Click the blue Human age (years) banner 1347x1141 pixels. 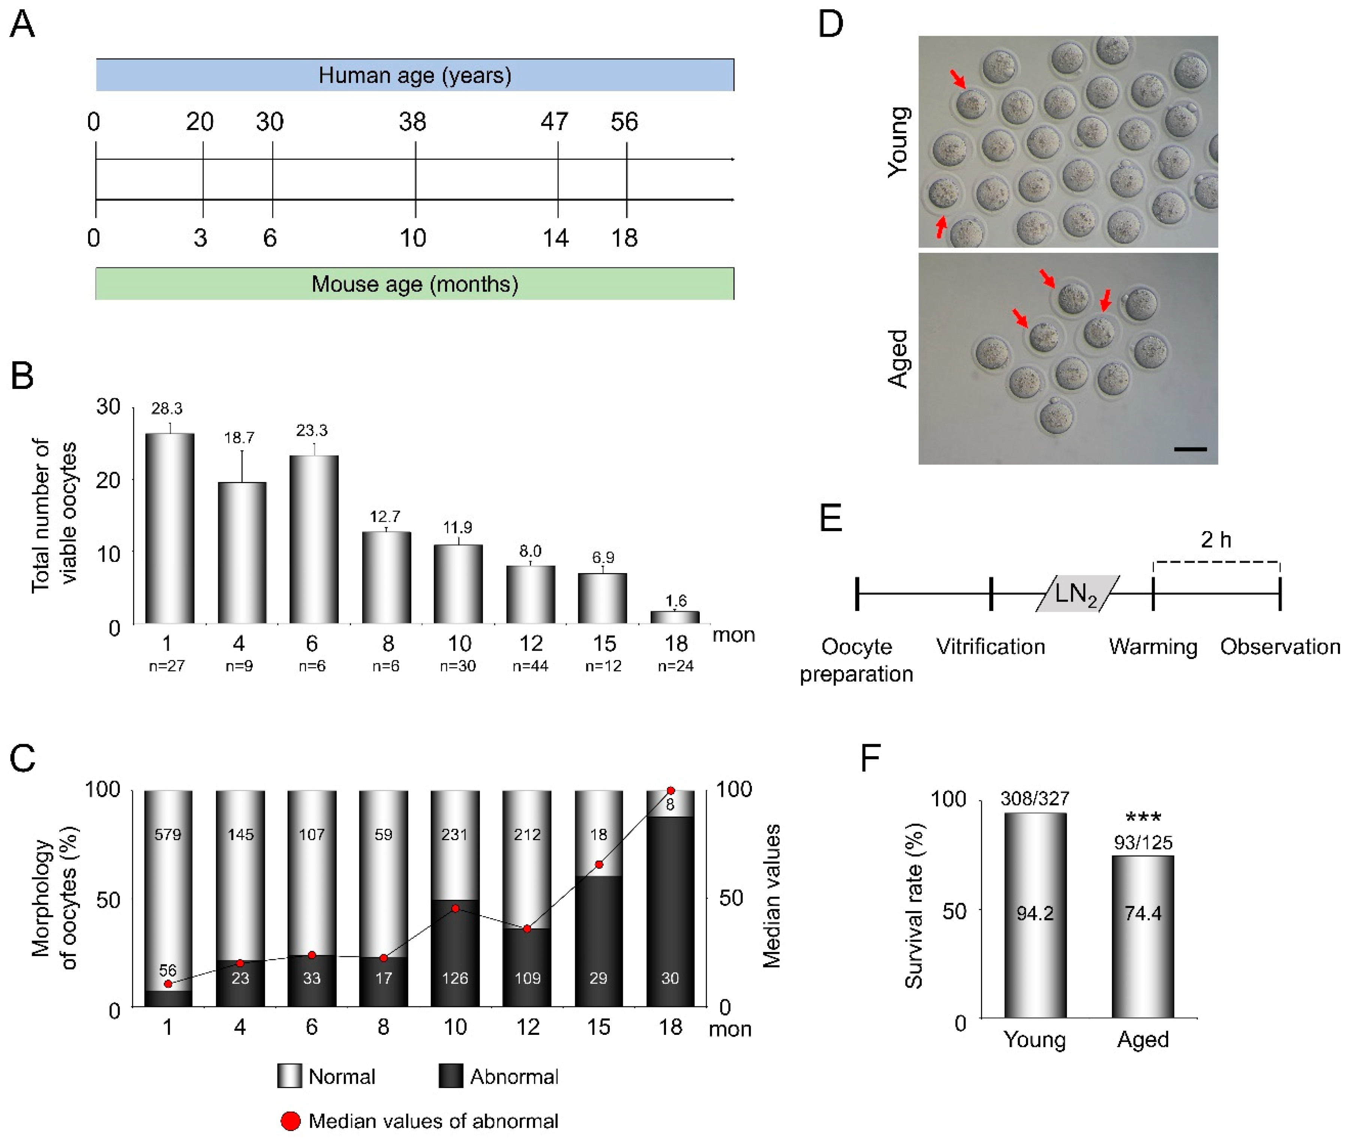[414, 75]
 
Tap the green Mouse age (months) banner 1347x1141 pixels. [414, 284]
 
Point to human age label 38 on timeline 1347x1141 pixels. [412, 122]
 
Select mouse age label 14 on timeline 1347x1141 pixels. [555, 238]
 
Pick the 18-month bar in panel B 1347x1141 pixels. [675, 617]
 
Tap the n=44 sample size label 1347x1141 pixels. [530, 665]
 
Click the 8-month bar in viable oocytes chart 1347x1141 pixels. [386, 577]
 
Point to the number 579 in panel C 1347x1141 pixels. [168, 835]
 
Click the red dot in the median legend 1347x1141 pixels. [290, 1121]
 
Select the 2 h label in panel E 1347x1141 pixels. [1216, 539]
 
